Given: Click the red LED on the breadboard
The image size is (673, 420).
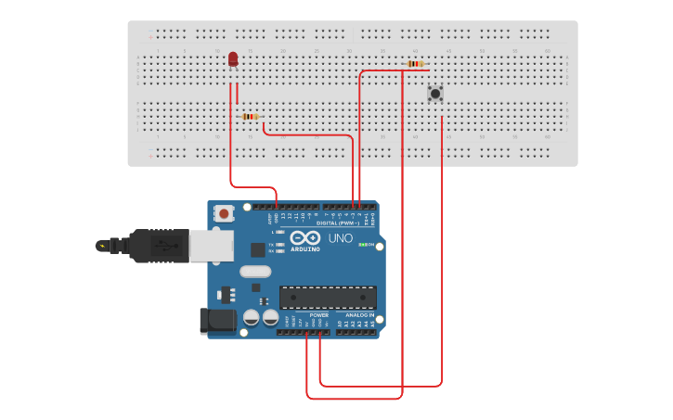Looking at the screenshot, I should tap(233, 59).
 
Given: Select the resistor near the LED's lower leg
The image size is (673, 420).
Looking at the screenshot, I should tap(249, 117).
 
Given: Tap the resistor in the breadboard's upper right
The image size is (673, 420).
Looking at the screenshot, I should tap(416, 64).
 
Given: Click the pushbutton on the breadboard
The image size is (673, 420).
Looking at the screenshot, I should tap(434, 93).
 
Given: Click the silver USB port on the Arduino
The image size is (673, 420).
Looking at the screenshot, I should tap(213, 245).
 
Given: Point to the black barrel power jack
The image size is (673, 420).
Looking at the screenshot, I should tap(216, 321).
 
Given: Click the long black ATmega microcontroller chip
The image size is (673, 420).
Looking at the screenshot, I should tap(328, 298).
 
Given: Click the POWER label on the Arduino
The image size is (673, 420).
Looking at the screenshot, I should tap(318, 315).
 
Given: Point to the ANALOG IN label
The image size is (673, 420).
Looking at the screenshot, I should tap(359, 315).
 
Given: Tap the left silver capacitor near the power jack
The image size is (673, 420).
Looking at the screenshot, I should tap(251, 318).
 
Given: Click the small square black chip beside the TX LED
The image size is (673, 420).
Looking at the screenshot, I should tap(257, 249).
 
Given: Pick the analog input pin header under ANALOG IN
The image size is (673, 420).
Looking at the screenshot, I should tap(357, 332).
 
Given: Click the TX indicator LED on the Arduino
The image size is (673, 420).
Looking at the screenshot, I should tap(280, 245).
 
